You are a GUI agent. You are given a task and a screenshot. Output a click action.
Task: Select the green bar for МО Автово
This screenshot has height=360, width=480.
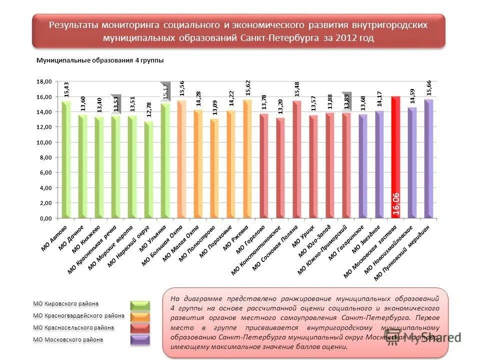(x=66, y=160)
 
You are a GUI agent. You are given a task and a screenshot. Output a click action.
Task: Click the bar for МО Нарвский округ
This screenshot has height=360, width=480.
(x=148, y=170)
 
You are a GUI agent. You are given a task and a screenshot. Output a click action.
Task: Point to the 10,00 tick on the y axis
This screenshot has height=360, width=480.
(x=45, y=142)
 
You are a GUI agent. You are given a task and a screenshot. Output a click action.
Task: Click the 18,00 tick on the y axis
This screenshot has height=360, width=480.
(x=45, y=81)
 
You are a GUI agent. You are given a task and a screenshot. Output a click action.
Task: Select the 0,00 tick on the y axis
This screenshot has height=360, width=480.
(x=45, y=218)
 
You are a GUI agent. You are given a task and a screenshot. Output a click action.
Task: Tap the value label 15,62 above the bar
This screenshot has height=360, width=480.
(x=248, y=87)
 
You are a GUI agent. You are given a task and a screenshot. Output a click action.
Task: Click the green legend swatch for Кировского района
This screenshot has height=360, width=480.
(x=140, y=305)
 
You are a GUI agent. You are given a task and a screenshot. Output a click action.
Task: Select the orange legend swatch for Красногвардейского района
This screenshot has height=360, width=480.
(x=140, y=317)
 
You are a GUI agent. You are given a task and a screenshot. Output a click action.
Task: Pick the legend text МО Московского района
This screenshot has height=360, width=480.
(x=68, y=339)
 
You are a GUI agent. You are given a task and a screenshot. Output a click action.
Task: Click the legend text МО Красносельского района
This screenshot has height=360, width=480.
(x=73, y=327)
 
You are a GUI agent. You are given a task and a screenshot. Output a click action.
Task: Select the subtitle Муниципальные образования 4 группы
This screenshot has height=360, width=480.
(x=100, y=60)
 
